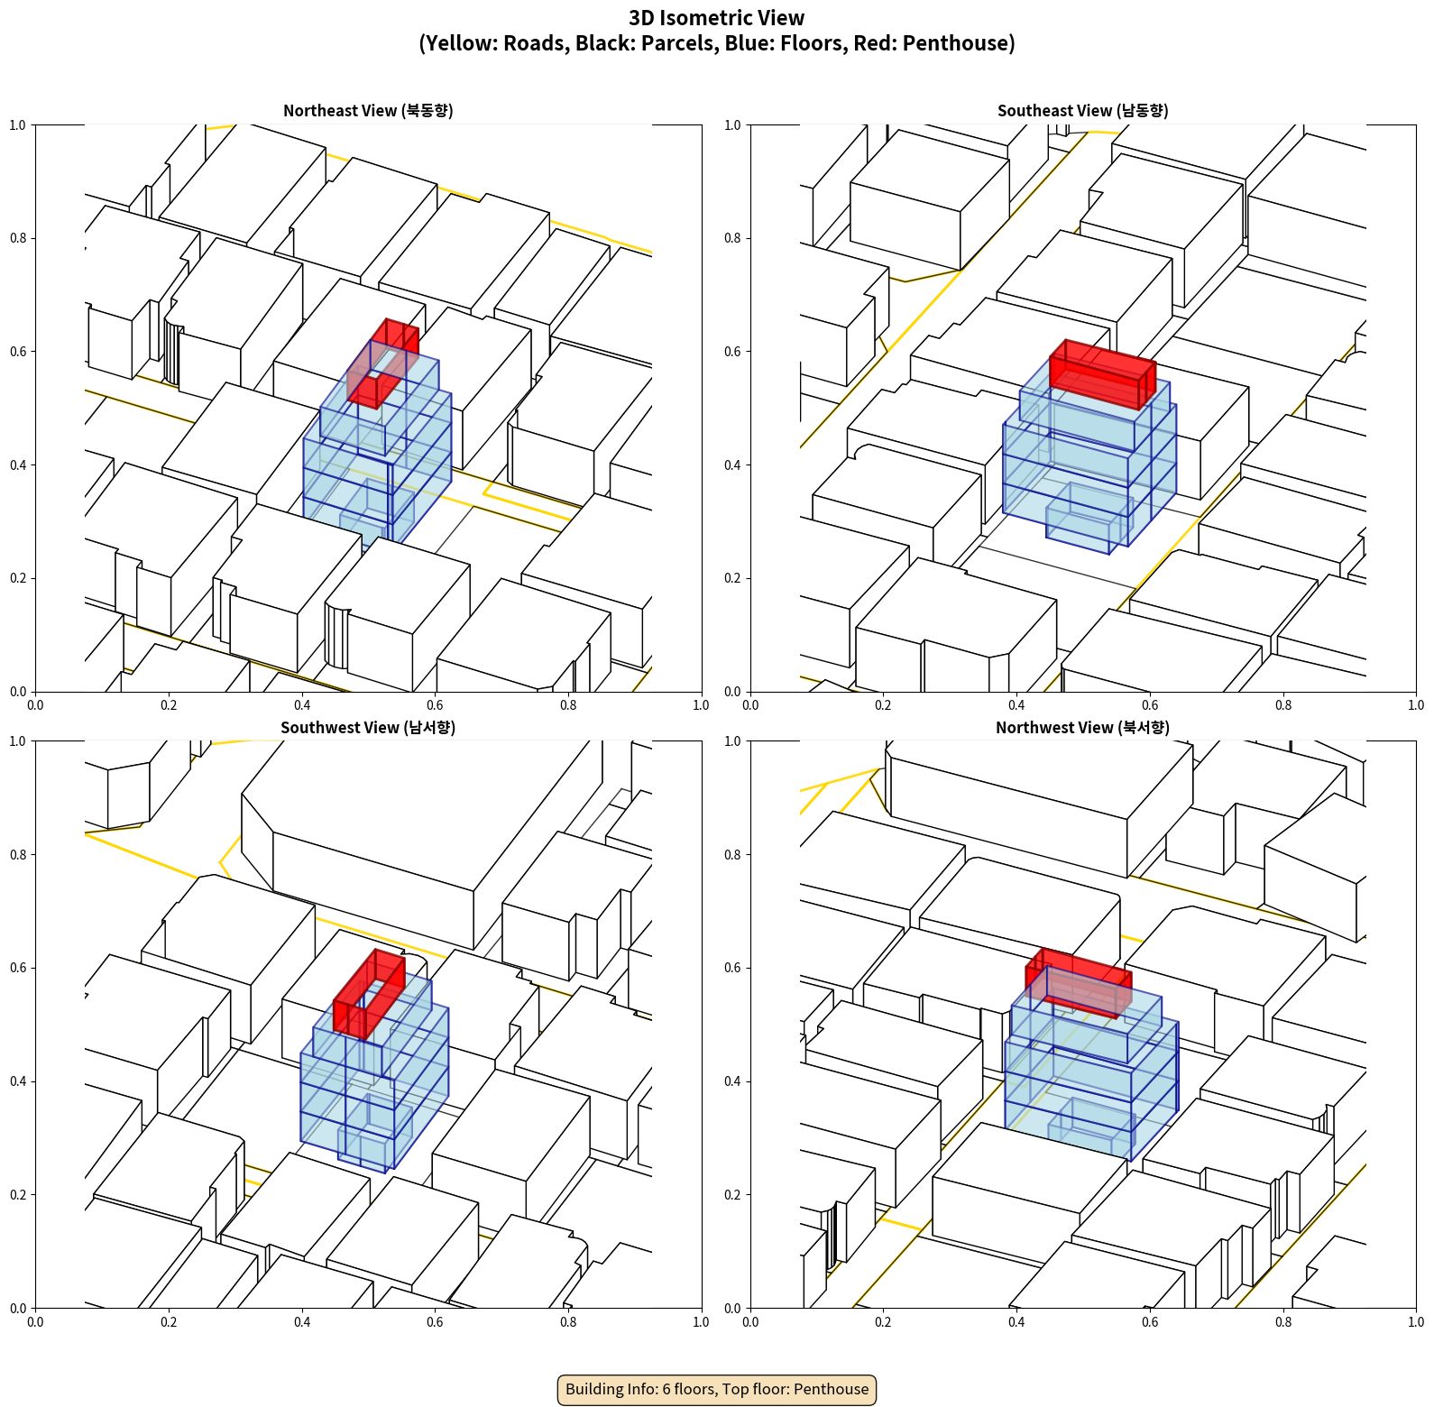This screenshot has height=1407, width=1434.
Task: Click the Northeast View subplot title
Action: [x=368, y=111]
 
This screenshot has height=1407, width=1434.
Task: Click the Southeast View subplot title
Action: [x=1082, y=111]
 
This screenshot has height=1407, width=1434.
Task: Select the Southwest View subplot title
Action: [x=368, y=728]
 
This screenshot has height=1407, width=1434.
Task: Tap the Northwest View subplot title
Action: [x=1082, y=728]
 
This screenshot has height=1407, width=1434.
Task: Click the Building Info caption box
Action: [x=717, y=1389]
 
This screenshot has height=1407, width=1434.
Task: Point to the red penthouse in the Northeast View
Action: [x=382, y=363]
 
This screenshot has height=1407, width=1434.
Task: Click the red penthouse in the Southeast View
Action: [x=1102, y=373]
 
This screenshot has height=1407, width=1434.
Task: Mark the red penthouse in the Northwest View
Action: [x=1079, y=982]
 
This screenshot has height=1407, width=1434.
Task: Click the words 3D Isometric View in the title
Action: [x=717, y=18]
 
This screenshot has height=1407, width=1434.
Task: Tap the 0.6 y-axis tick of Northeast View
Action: [x=18, y=352]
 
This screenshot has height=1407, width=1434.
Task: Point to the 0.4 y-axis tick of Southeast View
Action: [x=732, y=465]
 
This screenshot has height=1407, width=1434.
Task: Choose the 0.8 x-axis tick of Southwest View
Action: [x=568, y=1322]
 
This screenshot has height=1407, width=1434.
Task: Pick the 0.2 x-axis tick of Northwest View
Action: [x=883, y=1322]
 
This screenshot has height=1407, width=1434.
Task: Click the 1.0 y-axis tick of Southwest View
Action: [x=18, y=741]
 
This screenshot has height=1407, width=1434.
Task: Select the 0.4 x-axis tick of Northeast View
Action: [x=302, y=705]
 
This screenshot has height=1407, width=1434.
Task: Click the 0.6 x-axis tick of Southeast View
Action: [x=1150, y=705]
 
